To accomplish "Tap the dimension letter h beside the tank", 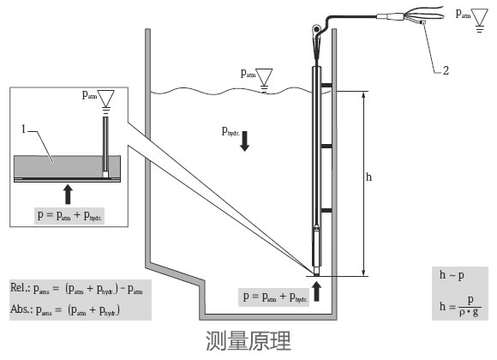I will coord(369,178).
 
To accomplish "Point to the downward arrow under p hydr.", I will coord(245,141).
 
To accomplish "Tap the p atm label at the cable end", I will coord(463,15).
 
